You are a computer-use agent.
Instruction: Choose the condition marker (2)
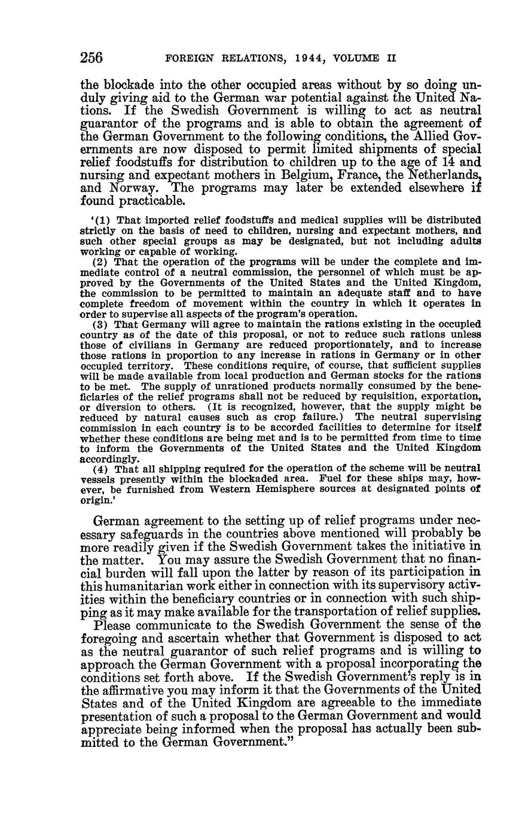pyautogui.click(x=101, y=262)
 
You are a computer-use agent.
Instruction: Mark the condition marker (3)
pyautogui.click(x=101, y=324)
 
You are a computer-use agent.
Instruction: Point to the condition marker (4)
pyautogui.click(x=101, y=468)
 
